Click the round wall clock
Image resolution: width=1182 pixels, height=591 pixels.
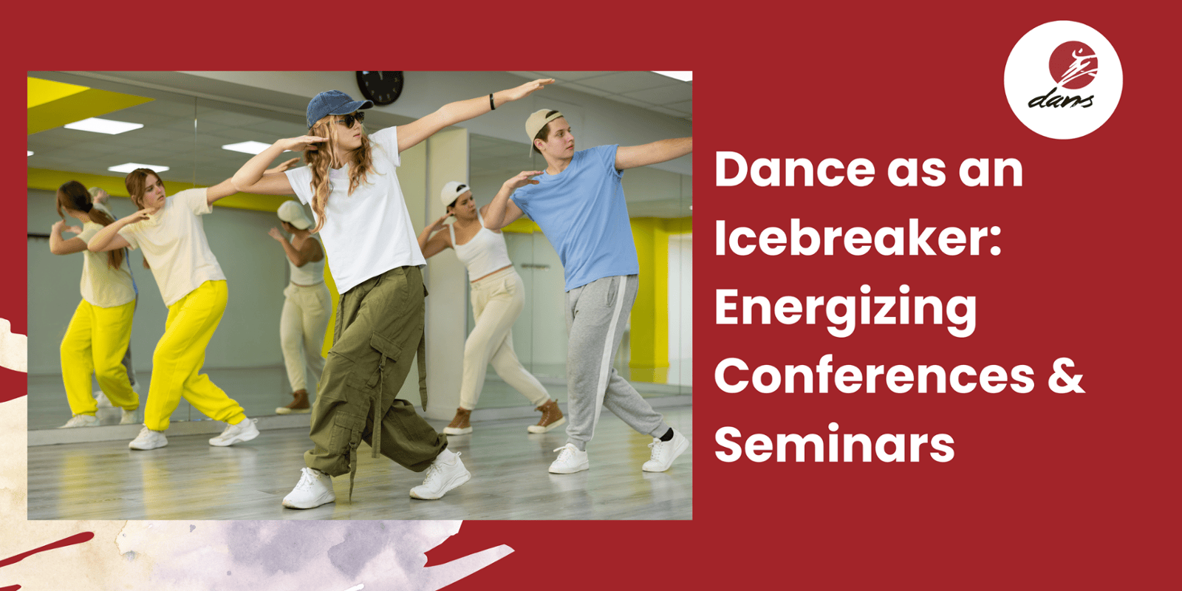(x=380, y=86)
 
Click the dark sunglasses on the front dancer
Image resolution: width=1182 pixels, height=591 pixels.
(x=350, y=120)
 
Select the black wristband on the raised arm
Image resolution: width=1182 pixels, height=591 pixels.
(x=492, y=101)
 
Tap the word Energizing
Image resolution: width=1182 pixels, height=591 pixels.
(x=845, y=311)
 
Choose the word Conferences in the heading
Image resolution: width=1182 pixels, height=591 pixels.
(x=875, y=377)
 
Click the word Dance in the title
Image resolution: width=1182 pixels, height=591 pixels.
(x=794, y=169)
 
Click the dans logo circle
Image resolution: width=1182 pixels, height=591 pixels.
(x=1063, y=80)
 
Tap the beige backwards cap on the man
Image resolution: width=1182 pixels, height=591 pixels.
(x=540, y=126)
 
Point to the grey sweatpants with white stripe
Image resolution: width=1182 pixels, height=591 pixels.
(x=607, y=359)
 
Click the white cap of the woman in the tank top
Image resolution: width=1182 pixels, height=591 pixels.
(x=453, y=193)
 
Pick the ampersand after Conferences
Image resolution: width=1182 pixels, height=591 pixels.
(x=1066, y=377)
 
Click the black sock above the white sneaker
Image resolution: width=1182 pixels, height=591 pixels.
(x=666, y=434)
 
